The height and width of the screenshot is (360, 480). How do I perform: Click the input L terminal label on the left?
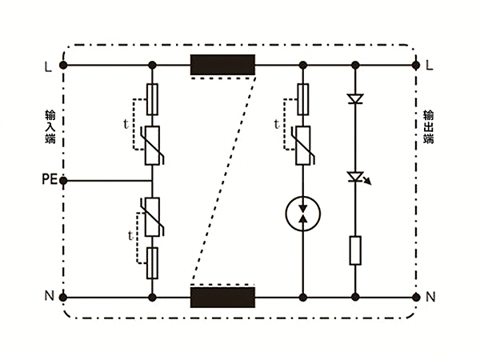[50, 65]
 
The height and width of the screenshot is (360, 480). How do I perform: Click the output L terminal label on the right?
[430, 65]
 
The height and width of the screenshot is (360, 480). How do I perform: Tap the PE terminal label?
[48, 180]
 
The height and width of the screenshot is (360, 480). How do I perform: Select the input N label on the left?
[50, 297]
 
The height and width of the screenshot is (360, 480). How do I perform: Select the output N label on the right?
[430, 297]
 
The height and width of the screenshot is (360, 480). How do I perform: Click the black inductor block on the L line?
[222, 65]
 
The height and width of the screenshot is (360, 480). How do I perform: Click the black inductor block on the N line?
[222, 297]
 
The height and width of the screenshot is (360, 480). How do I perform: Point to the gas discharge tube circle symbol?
[302, 213]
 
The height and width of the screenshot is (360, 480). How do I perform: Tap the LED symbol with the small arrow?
[355, 177]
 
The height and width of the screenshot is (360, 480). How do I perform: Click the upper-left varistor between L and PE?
[153, 145]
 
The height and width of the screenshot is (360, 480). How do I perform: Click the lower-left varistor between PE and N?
[153, 217]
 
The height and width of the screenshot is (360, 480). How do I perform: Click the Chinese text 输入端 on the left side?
[50, 127]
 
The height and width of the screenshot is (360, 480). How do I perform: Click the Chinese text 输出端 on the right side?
[429, 127]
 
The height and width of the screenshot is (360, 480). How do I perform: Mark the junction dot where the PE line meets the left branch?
[153, 180]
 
